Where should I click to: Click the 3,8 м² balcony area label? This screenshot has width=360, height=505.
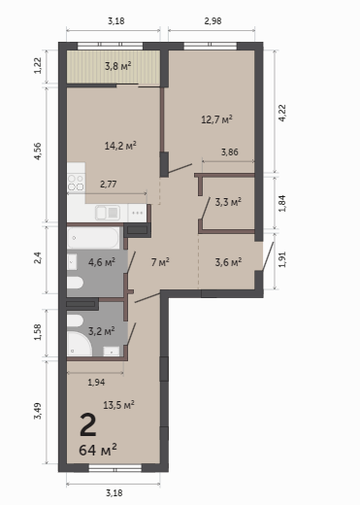pos(118,66)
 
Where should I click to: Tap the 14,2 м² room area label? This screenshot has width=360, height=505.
pos(120,146)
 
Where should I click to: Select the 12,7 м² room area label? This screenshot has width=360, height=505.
pos(216,119)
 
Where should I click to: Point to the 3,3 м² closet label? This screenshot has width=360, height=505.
pos(228,202)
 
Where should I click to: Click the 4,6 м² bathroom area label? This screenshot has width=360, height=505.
pos(102,262)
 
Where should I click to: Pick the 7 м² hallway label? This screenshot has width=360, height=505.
pos(160,262)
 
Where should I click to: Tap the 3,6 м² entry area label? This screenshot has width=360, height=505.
pos(228,262)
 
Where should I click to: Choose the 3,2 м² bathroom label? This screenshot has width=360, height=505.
pos(102,331)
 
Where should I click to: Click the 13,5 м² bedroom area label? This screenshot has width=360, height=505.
pos(118,405)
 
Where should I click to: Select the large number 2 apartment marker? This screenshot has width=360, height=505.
pos(88,425)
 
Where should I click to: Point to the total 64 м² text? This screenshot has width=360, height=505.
pos(98,450)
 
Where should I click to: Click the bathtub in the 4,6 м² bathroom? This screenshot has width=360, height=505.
pos(93,238)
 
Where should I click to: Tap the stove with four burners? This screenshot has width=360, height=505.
pos(76,183)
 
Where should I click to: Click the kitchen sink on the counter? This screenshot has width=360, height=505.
pos(108,213)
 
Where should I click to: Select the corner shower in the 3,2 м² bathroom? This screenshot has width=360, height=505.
pos(80,344)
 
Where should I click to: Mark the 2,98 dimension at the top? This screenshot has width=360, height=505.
pos(213,21)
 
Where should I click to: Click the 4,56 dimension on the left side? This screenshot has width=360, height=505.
pos(38,151)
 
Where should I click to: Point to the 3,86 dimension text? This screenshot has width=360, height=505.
pos(230,151)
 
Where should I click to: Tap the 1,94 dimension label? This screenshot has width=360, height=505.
pos(96,383)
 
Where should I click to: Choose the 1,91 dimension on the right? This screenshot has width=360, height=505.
pos(282,259)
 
